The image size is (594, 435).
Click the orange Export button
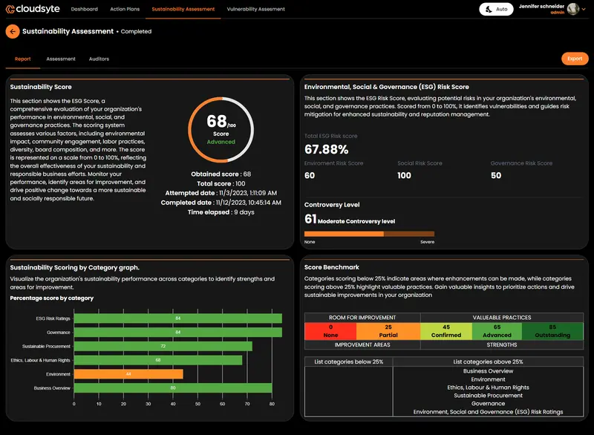575,59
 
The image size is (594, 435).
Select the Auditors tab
99,59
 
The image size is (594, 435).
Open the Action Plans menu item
125,10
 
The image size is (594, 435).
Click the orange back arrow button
13,31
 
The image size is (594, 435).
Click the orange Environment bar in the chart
128,374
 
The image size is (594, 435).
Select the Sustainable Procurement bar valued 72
163,346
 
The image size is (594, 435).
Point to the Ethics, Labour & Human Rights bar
158,360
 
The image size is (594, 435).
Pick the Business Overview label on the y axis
52,388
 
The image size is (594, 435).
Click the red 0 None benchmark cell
330,330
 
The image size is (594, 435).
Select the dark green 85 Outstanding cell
552,330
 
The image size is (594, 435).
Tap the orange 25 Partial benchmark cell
388,330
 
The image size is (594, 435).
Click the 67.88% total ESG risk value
326,149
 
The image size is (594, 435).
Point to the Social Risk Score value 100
404,175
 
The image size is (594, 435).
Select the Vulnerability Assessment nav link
255,10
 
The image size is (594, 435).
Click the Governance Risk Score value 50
496,175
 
